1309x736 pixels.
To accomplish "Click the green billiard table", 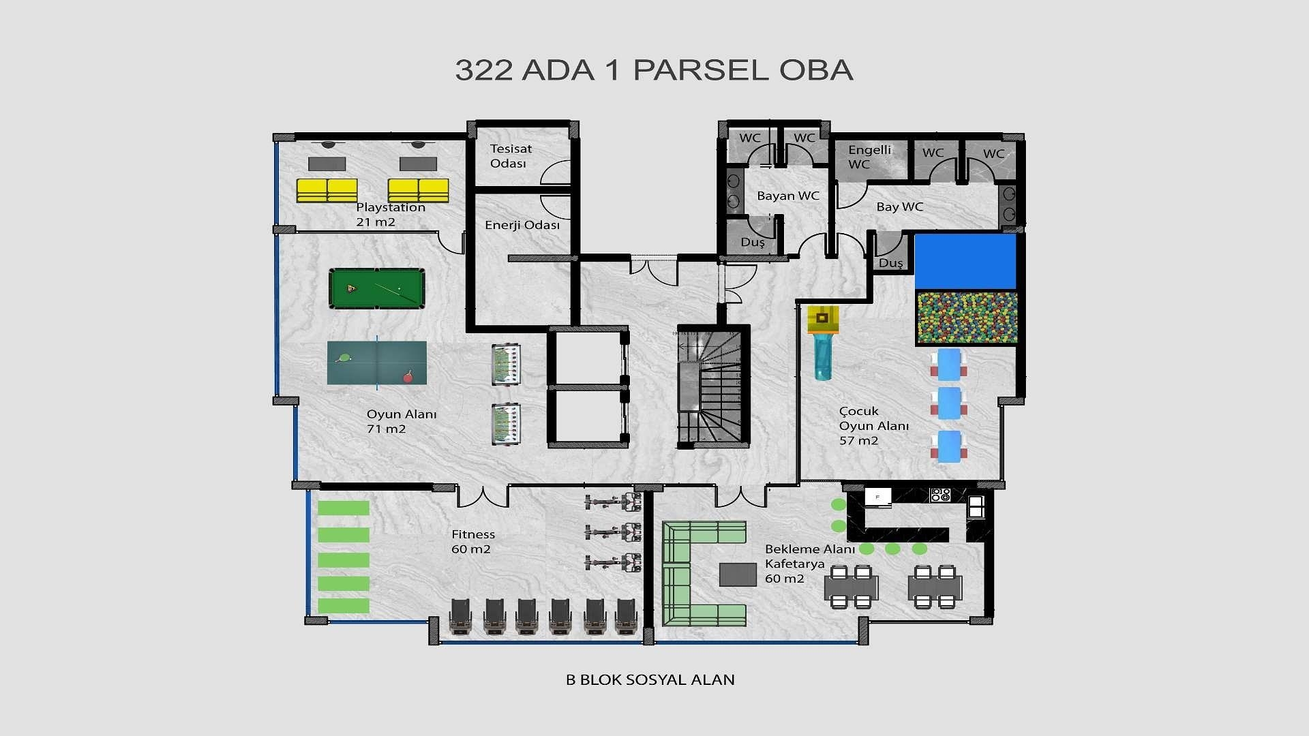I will point(377,288).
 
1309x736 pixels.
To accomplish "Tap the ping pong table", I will point(377,363).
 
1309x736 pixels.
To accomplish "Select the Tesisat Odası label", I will point(510,156).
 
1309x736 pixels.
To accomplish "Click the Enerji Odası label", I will point(522,226).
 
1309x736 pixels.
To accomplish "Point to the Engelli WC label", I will point(869,157).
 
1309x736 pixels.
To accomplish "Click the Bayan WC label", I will point(787,196).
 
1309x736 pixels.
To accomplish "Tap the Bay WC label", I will point(899,207).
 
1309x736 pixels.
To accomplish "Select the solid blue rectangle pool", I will point(965,261).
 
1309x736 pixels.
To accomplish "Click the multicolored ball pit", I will point(967,318).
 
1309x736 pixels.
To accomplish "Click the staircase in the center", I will point(712,386).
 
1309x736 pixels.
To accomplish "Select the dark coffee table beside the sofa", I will point(738,574).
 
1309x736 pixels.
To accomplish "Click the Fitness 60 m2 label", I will point(472,542).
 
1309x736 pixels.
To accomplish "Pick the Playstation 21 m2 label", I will point(390,215).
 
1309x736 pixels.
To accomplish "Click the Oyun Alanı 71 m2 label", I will point(401,421).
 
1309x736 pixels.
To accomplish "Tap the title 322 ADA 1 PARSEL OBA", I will point(654,70).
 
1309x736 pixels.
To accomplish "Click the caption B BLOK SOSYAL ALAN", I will point(650,679).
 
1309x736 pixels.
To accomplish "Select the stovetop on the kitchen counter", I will point(940,495).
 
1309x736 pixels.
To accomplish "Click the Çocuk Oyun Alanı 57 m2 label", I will point(873,426).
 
